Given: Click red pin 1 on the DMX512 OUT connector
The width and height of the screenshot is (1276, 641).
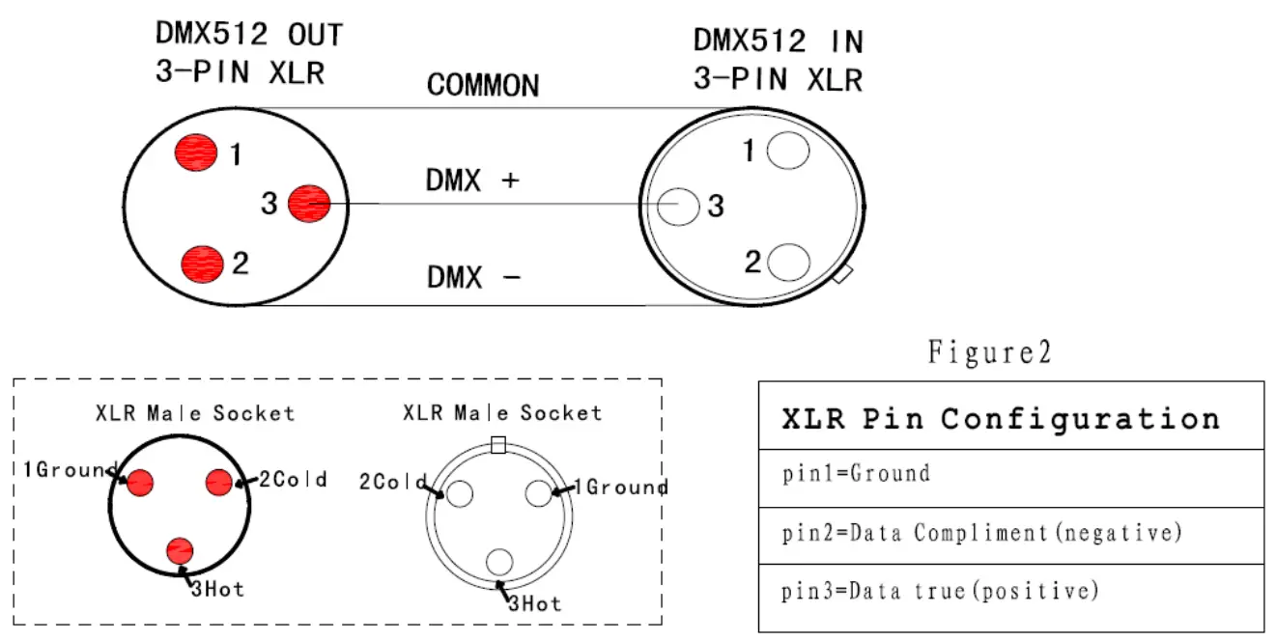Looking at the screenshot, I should pos(196,153).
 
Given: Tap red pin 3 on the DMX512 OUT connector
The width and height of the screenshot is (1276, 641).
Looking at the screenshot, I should pos(309,204).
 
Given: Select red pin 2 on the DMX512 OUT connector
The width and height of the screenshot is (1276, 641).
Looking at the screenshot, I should pos(202,263).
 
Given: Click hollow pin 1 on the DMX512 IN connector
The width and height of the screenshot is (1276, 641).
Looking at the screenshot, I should pos(786,151).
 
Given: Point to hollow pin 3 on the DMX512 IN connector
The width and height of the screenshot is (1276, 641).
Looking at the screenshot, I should pos(680,207).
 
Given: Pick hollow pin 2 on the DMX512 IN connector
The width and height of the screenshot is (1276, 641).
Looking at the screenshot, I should pos(788,263).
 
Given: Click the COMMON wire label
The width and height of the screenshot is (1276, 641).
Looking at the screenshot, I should pos(483,86).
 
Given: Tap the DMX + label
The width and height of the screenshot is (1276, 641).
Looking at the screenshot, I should pos(472,181).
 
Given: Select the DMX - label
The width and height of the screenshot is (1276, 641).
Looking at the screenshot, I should pos(473,278).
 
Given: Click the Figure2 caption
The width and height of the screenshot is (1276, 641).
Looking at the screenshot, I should pos(989,352).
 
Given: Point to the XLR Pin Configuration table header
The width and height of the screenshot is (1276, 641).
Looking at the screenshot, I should pos(1000,419).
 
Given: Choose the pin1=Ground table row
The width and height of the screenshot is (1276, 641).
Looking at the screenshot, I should pos(856,474).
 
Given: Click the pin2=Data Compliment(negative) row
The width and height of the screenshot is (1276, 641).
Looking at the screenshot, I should pos(981,532).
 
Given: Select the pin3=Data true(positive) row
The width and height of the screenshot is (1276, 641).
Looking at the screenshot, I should pos(940,591).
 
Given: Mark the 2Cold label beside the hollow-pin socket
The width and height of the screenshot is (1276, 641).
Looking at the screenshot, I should pos(393,481).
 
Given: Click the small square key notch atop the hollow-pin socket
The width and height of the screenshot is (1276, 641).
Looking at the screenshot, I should pos(498,444).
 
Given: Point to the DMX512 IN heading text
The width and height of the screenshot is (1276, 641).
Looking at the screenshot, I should pos(778,42).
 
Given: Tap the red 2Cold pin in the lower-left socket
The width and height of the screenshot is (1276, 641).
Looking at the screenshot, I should pos(219,481).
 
